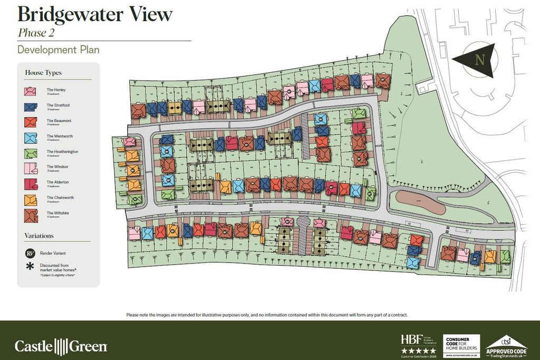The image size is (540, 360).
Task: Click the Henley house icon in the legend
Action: pos(30,91)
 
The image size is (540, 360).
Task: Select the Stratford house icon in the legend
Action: pos(30,106)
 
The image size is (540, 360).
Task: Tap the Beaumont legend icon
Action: pos(30,122)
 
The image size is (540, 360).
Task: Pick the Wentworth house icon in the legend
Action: pos(30,138)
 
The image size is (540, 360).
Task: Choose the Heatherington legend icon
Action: pos(30,153)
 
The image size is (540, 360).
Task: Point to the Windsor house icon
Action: pos(30,168)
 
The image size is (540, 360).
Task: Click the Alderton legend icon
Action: pos(30,183)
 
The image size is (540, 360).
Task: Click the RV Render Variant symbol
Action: pos(30,254)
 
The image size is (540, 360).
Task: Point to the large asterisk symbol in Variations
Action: pos(30,267)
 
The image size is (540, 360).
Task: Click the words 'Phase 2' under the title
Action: pos(36,33)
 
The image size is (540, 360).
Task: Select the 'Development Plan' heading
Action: pos(58,50)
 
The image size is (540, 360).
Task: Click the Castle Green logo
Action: pos(61,346)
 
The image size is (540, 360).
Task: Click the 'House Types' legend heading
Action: pos(43,73)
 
